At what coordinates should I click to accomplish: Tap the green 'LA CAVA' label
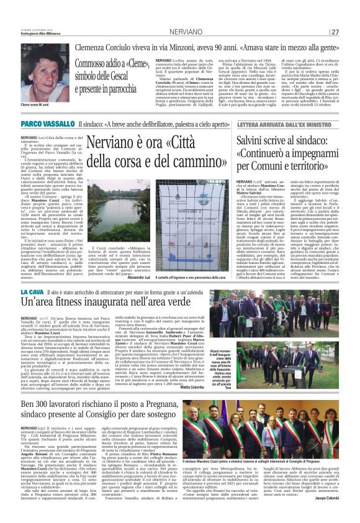tap(32, 291)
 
